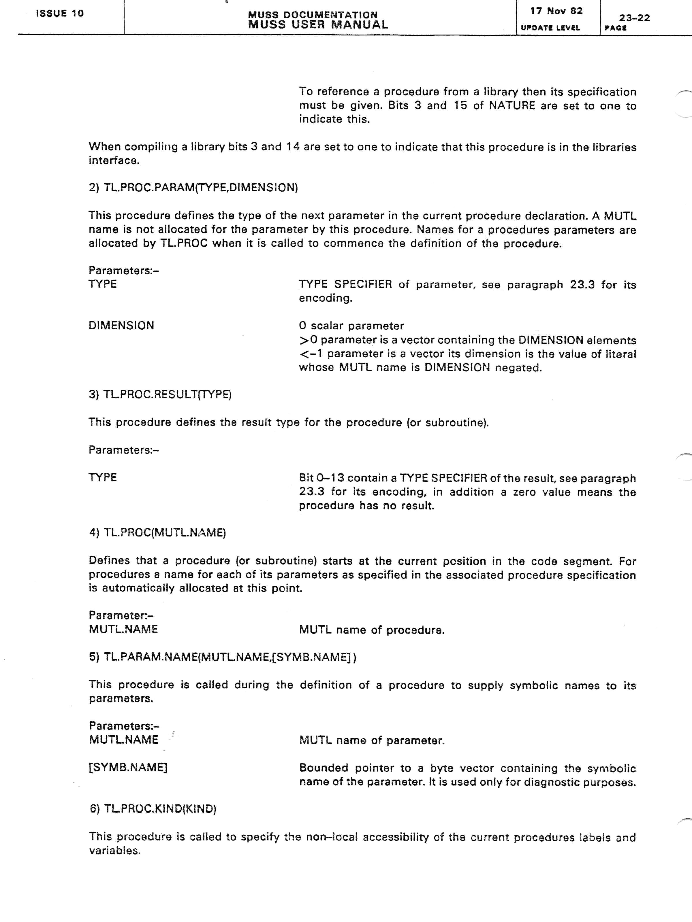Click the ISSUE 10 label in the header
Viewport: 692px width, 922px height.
(x=60, y=13)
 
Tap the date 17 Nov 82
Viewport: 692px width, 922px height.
(x=556, y=11)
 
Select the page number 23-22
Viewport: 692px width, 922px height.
(x=634, y=18)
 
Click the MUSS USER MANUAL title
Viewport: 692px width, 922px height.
(x=318, y=24)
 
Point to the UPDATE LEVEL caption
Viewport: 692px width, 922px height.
(x=550, y=28)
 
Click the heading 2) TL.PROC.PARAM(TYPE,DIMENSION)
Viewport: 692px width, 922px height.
(x=193, y=188)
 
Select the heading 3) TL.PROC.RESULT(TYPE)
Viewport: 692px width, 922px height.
(x=160, y=394)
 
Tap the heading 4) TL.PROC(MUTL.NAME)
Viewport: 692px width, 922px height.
(x=157, y=533)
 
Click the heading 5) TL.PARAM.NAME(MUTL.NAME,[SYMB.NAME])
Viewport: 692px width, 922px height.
(x=222, y=657)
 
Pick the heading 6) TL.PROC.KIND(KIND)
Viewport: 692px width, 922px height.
(x=153, y=809)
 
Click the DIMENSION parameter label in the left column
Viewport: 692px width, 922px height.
(x=121, y=326)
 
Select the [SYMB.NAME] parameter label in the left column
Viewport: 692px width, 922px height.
(x=128, y=767)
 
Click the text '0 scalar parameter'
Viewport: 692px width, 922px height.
(x=351, y=326)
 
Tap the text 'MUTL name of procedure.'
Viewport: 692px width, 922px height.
(x=372, y=630)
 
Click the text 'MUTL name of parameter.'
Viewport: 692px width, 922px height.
(x=372, y=741)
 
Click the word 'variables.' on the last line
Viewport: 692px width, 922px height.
(x=115, y=851)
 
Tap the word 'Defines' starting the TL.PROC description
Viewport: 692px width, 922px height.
(x=109, y=561)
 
